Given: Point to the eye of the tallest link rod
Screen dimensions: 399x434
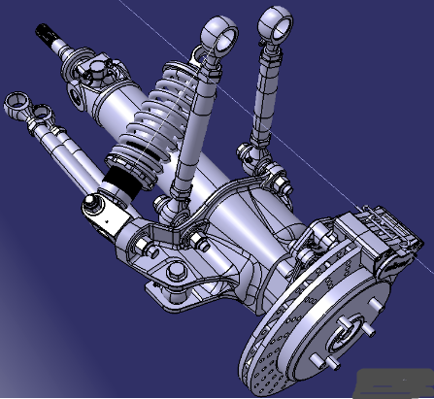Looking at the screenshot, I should [273, 21].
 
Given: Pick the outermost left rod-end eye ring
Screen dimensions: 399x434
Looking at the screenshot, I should [14, 102].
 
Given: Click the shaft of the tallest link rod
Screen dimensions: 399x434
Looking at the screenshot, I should [264, 97].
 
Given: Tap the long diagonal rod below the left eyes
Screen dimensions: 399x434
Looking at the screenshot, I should [68, 155].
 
